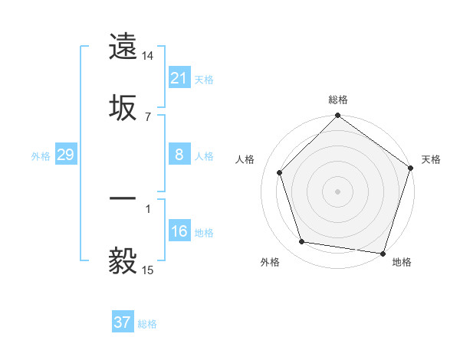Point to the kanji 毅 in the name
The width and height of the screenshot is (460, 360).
click(123, 261)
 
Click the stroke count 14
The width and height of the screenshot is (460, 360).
click(148, 56)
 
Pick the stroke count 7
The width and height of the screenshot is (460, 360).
click(148, 116)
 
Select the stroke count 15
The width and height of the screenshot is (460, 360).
click(148, 270)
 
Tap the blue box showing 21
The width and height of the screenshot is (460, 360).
click(179, 78)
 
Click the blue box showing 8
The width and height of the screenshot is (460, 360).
click(179, 155)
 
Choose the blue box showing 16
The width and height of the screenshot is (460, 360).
click(179, 231)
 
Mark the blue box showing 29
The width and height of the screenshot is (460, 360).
click(65, 155)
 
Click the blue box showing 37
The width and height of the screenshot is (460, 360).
click(123, 322)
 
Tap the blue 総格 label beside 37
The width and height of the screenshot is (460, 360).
click(147, 324)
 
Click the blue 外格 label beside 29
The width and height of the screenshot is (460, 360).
click(41, 156)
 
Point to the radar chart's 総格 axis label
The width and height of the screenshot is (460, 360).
click(338, 100)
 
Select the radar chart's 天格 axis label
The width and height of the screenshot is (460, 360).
click(431, 159)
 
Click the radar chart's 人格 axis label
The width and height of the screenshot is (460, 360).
click(245, 159)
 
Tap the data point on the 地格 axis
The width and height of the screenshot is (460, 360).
click(383, 253)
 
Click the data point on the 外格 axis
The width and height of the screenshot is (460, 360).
click(302, 242)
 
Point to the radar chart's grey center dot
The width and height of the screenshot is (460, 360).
click(338, 191)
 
